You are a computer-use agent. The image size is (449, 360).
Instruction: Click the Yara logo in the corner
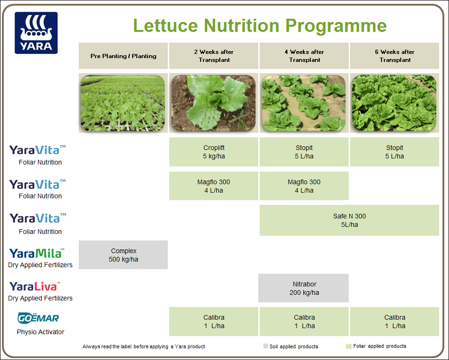(36, 33)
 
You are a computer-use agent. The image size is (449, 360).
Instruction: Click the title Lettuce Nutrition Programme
(260, 25)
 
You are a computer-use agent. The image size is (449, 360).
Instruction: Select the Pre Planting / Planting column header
(123, 56)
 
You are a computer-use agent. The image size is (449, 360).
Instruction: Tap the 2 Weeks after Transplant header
(214, 56)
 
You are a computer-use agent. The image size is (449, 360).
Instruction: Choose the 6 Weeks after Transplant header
(395, 56)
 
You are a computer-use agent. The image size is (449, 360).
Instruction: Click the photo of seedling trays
(123, 103)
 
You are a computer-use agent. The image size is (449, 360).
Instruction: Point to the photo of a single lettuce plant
(214, 103)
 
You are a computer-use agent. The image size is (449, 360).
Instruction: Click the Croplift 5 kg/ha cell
(214, 152)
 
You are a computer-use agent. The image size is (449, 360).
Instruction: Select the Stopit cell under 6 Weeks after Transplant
(395, 152)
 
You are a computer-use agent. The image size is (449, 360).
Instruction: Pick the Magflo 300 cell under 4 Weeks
(304, 186)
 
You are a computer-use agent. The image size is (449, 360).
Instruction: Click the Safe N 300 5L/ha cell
(349, 220)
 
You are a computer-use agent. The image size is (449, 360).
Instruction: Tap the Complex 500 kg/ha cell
(123, 255)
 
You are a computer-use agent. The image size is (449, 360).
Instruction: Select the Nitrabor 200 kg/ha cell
(304, 288)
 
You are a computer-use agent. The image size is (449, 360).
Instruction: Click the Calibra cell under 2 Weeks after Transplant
(214, 322)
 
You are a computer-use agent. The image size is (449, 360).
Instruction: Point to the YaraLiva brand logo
(35, 286)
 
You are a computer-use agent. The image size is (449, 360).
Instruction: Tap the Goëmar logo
(38, 318)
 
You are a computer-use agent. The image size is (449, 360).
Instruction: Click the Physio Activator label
(40, 332)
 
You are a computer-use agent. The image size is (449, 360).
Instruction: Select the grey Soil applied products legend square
(266, 346)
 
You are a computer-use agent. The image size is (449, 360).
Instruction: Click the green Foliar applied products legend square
(348, 346)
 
